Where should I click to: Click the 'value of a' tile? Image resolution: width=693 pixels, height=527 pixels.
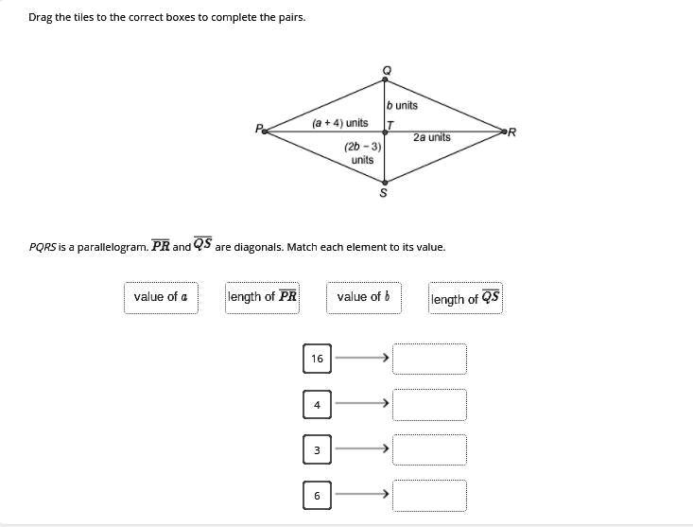pyautogui.click(x=161, y=297)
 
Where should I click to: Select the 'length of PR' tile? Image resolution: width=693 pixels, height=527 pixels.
pyautogui.click(x=263, y=297)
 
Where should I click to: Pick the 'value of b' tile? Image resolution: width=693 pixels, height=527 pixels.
pyautogui.click(x=364, y=297)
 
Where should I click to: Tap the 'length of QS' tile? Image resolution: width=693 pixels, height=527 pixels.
pyautogui.click(x=466, y=299)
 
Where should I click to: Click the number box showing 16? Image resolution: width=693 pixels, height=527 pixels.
pyautogui.click(x=317, y=359)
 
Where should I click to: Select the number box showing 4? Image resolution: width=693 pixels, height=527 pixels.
pyautogui.click(x=317, y=405)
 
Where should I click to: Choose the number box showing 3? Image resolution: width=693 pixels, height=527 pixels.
pyautogui.click(x=317, y=450)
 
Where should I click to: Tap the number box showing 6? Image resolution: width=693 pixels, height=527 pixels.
pyautogui.click(x=317, y=495)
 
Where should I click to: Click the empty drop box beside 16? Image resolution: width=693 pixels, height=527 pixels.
pyautogui.click(x=430, y=360)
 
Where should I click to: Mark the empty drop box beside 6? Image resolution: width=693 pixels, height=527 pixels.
pyautogui.click(x=430, y=495)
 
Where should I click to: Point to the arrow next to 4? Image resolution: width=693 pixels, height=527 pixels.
pyautogui.click(x=362, y=404)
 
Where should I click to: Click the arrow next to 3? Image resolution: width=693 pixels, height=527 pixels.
pyautogui.click(x=362, y=449)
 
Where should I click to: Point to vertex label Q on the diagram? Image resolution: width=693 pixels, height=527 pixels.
pyautogui.click(x=385, y=70)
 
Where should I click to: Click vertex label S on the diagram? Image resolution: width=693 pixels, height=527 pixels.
pyautogui.click(x=383, y=194)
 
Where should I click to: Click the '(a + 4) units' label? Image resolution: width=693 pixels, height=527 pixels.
pyautogui.click(x=340, y=123)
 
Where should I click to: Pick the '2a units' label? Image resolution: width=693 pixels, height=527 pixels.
pyautogui.click(x=432, y=138)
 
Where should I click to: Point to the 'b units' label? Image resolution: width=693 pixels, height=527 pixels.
pyautogui.click(x=402, y=105)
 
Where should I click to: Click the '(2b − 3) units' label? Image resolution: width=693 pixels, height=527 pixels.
pyautogui.click(x=362, y=153)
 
